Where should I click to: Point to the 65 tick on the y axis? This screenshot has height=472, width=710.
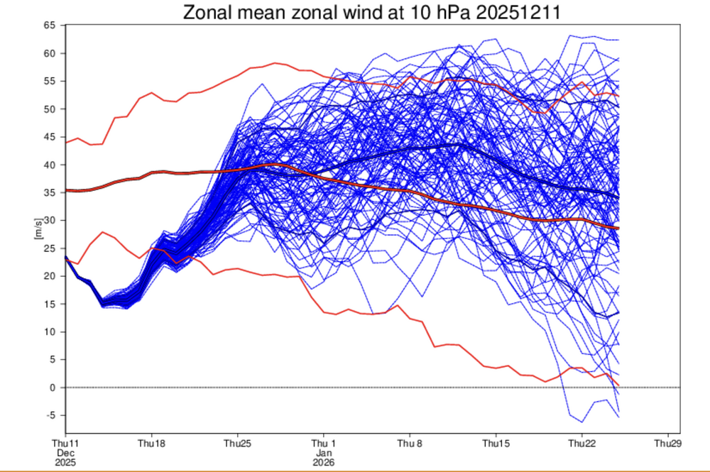[50, 26]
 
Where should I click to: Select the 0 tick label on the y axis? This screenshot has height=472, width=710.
[53, 388]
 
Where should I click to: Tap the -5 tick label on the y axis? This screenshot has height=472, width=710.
[50, 415]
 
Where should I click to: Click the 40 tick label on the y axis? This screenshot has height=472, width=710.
[50, 165]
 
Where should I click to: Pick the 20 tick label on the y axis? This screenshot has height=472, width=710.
[50, 276]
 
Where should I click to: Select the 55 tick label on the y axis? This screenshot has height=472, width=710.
[50, 82]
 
